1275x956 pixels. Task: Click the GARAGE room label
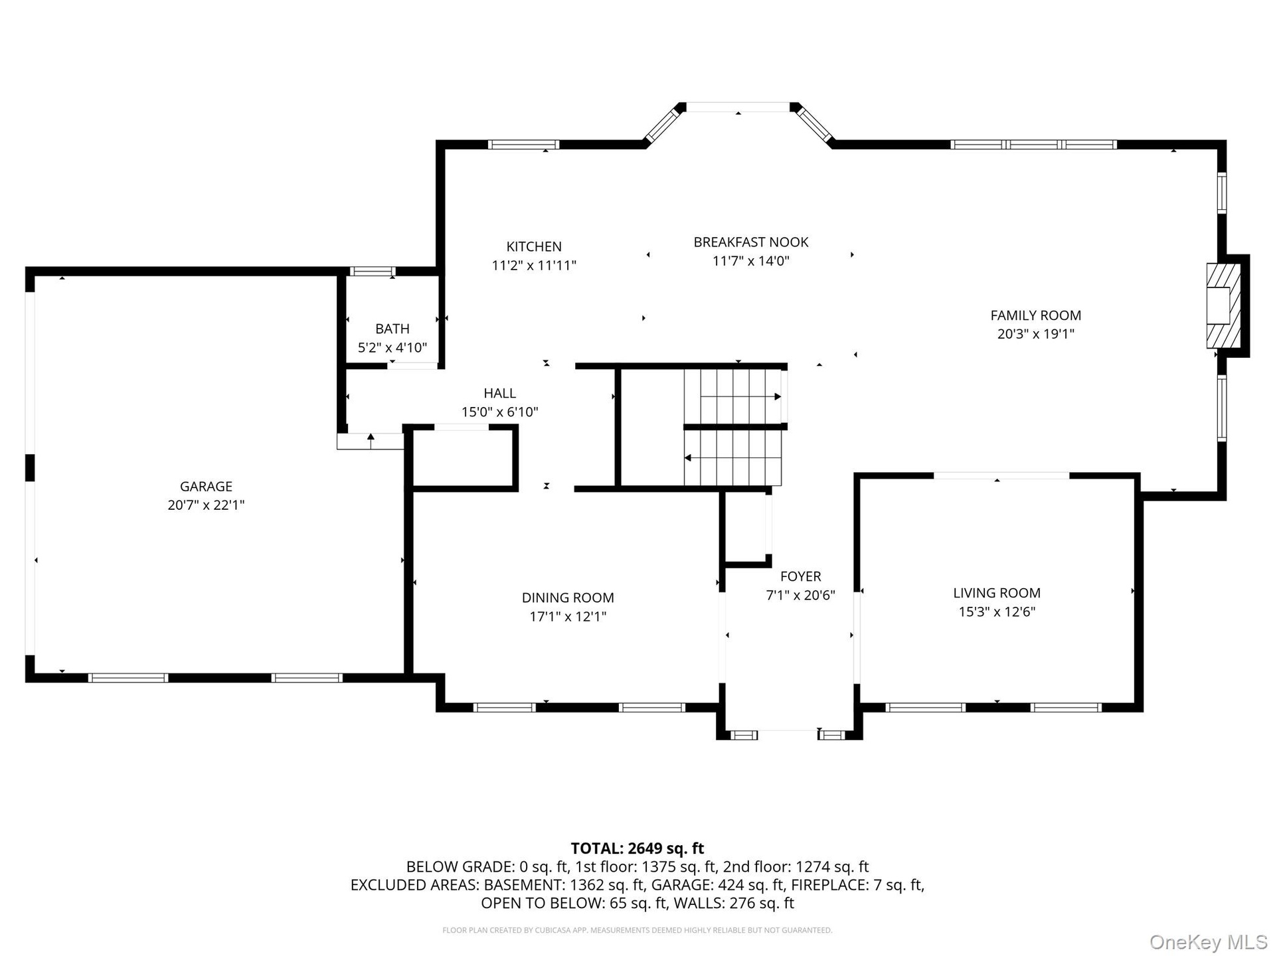point(206,486)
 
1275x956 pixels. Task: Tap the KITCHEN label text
point(534,246)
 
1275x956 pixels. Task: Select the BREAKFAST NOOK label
point(751,242)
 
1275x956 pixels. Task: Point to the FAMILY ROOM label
point(1036,315)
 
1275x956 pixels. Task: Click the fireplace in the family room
point(1223,305)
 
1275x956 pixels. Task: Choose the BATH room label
point(392,329)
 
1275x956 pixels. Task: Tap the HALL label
point(500,393)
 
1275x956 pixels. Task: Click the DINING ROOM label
point(568,597)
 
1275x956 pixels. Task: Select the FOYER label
point(801,576)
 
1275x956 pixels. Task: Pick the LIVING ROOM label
point(997,593)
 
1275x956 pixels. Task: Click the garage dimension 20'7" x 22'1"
point(206,505)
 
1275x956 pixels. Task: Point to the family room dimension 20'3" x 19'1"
point(1036,334)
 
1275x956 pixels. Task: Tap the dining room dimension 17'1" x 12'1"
point(568,617)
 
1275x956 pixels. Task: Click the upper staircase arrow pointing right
point(740,396)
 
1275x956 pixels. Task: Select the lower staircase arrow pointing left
point(732,458)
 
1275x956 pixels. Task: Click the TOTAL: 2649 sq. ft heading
point(637,848)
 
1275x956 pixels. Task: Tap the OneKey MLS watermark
point(1209,941)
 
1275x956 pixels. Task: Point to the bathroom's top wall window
point(372,271)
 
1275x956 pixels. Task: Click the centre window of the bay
point(738,107)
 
